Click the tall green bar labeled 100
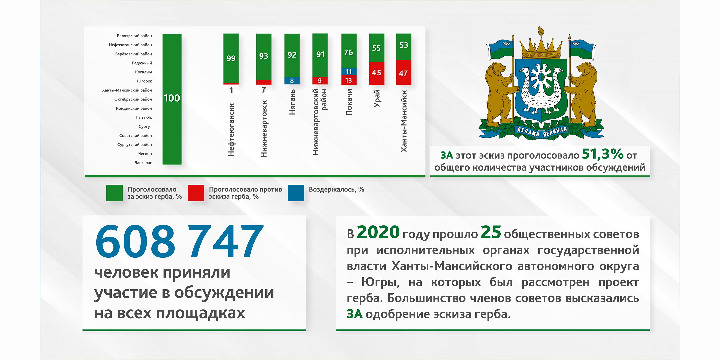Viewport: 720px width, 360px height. coord(172,99)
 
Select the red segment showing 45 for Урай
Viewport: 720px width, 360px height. coord(377,73)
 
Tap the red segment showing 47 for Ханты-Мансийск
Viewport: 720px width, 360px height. coord(404,72)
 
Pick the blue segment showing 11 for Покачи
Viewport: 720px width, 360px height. coord(349,71)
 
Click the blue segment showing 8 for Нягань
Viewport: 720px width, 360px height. coord(292,80)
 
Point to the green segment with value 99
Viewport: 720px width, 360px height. coord(231,58)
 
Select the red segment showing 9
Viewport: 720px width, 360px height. coord(320,80)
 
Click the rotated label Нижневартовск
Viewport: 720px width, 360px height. coord(264,129)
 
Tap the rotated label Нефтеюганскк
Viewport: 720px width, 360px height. coord(231,130)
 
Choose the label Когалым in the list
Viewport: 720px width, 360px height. coord(143,72)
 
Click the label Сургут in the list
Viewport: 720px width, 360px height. coord(145,127)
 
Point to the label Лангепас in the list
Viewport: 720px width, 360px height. coord(143,163)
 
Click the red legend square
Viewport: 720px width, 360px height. coord(196,193)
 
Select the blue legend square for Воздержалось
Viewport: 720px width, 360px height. coord(296,193)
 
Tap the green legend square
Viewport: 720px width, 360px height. coord(114,193)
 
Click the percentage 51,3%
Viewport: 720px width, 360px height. coord(603,154)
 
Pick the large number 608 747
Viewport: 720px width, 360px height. coord(179,241)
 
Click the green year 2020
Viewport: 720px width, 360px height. coord(378,232)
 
